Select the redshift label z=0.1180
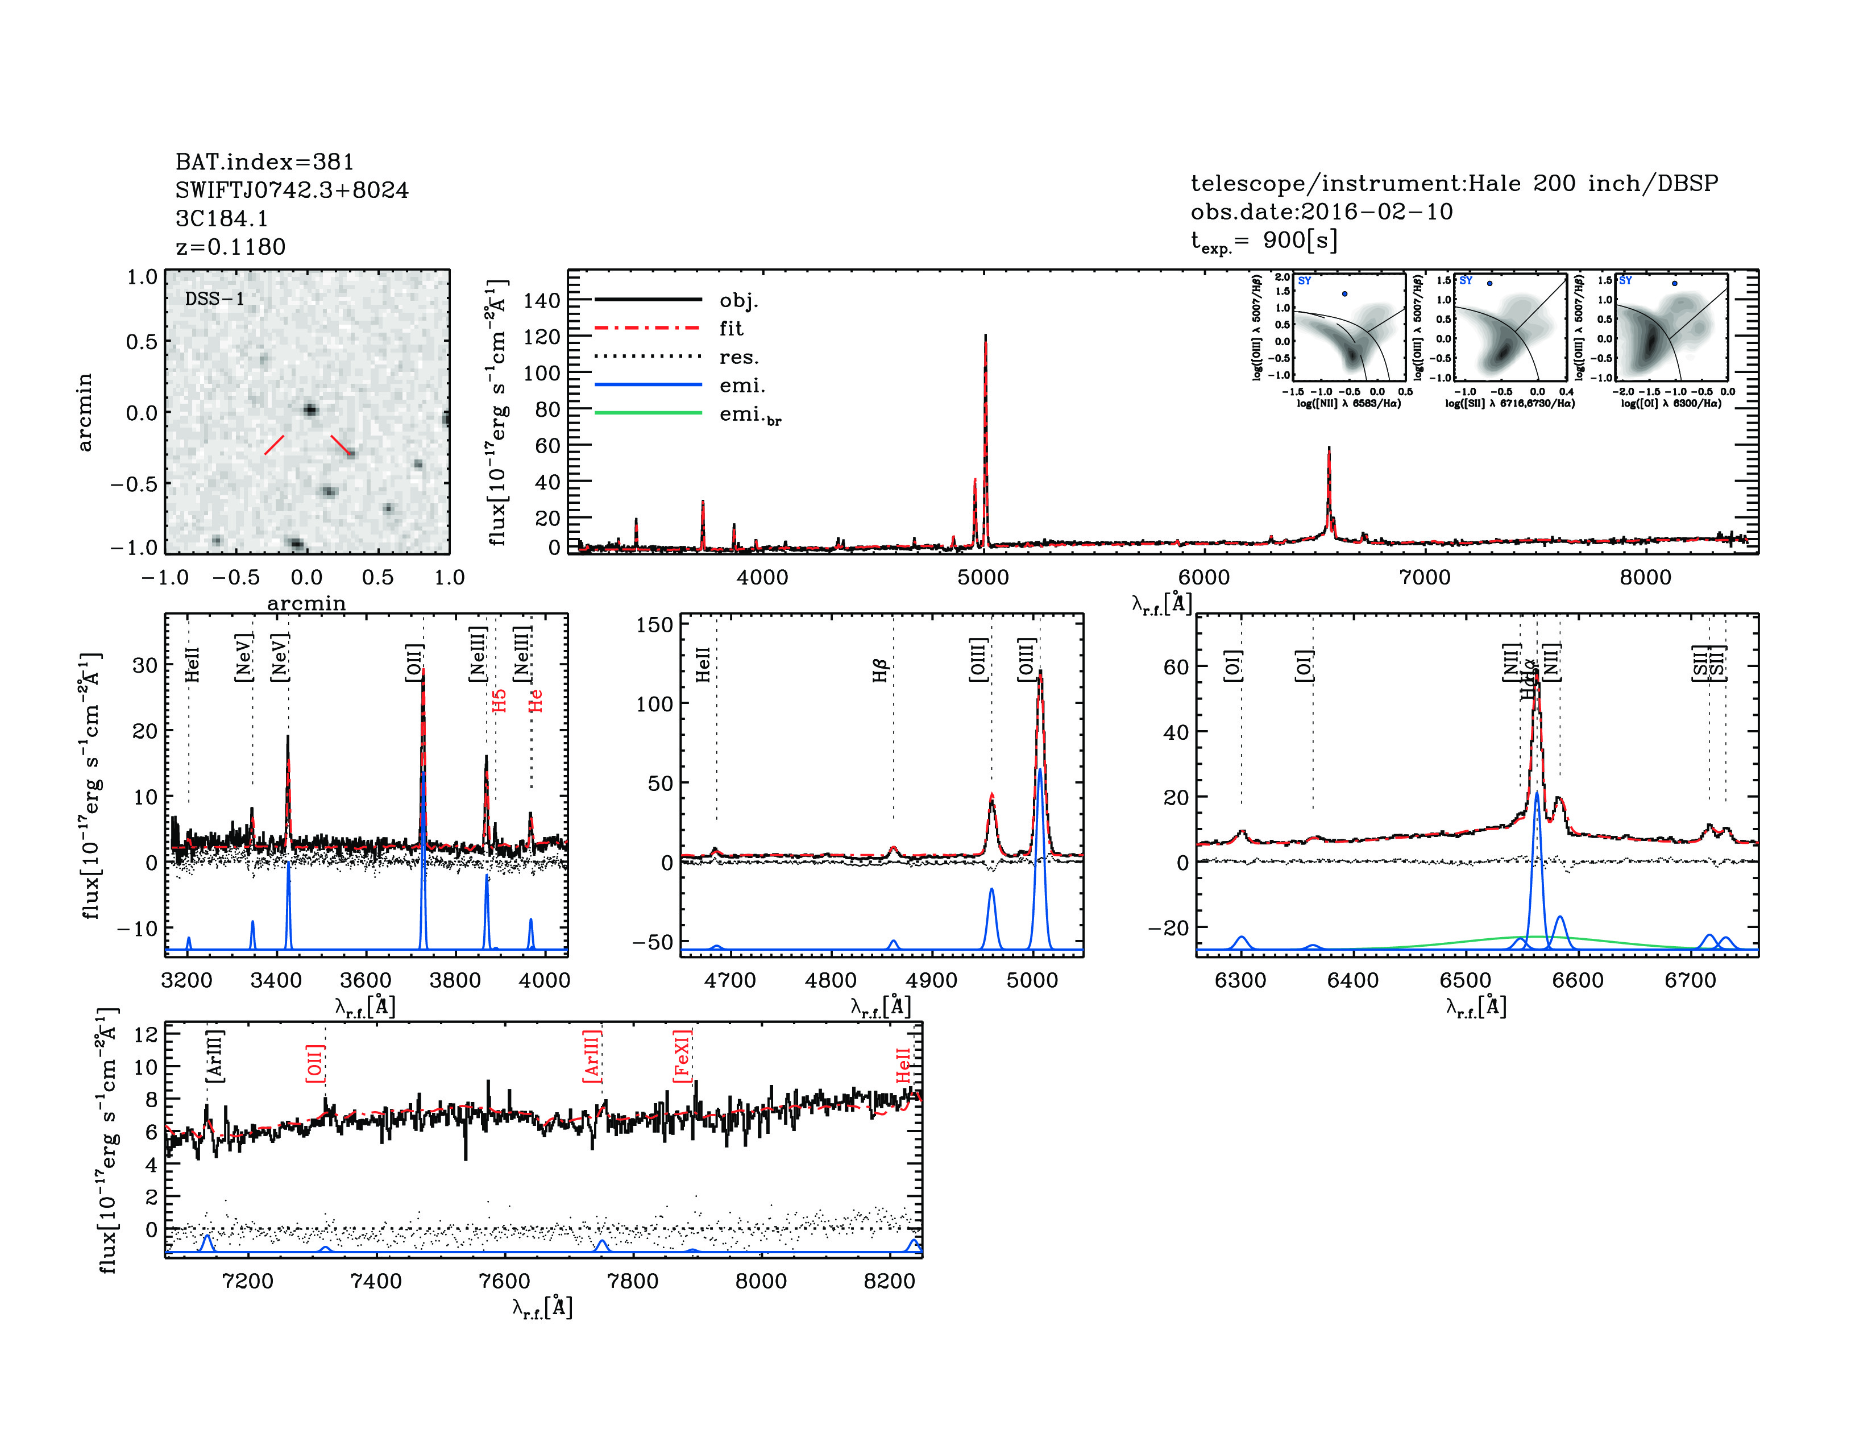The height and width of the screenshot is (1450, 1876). [x=230, y=247]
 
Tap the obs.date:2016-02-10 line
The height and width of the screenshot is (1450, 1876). [x=1321, y=212]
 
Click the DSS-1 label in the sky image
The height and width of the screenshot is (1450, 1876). [x=215, y=299]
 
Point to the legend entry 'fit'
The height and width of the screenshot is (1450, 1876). [x=731, y=328]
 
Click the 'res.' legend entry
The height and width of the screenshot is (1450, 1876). [x=738, y=357]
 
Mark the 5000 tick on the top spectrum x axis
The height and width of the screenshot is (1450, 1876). [x=983, y=577]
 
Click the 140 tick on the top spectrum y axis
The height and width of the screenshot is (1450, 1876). [x=541, y=301]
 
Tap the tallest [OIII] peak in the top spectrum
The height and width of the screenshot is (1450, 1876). [x=985, y=337]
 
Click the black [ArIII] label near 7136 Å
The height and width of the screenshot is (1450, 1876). [x=215, y=1056]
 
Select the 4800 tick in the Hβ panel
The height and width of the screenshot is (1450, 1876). [x=831, y=980]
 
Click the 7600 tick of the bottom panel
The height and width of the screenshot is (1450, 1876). [x=504, y=1281]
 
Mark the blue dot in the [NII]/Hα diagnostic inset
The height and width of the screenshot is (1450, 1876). [x=1345, y=294]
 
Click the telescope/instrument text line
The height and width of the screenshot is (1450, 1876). [x=1454, y=183]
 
